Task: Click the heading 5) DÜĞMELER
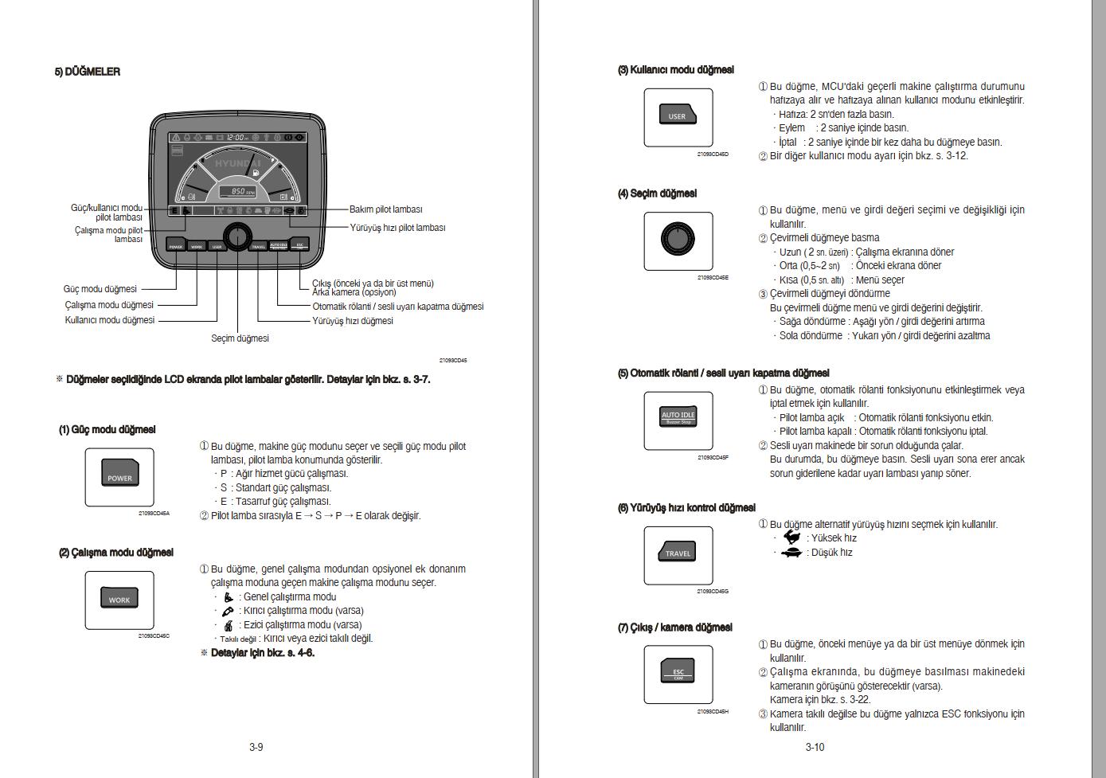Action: tap(87, 72)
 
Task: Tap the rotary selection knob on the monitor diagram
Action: tap(236, 237)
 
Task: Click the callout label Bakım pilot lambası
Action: tap(385, 209)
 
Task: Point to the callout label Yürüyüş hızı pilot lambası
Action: tap(397, 228)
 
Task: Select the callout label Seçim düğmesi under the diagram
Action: tap(240, 338)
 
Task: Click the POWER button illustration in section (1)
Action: tap(119, 476)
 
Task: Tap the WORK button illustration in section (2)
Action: tap(119, 599)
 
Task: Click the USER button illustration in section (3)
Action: tap(678, 115)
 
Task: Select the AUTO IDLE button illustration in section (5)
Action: tap(678, 417)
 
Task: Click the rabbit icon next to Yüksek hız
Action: tap(792, 538)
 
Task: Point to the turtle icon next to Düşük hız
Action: tap(791, 553)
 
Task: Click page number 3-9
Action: tap(256, 747)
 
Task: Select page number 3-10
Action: tap(815, 747)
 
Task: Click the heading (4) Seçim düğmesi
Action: tap(657, 194)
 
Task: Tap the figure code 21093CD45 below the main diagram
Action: tap(453, 361)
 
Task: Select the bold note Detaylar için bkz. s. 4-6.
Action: tap(262, 653)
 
